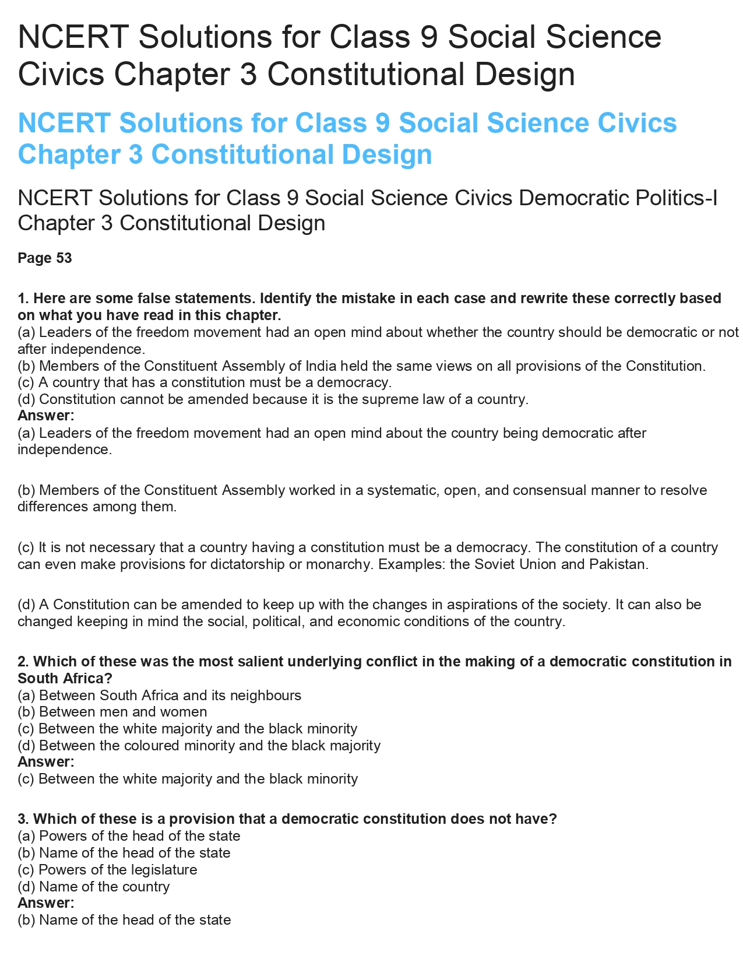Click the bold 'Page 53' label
point(45,258)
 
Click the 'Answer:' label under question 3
point(46,903)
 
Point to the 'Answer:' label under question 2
point(46,762)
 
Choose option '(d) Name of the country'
point(94,887)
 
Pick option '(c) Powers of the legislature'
point(108,870)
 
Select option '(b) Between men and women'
point(112,712)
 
